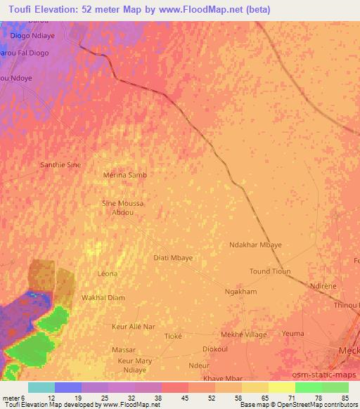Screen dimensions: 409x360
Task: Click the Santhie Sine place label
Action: (59, 164)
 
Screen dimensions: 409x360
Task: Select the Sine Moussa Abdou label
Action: (123, 207)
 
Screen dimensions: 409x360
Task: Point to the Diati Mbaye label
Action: (173, 258)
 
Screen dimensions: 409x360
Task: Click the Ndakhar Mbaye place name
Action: (255, 245)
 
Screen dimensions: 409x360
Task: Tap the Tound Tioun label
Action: (270, 271)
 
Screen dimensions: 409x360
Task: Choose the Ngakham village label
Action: (240, 292)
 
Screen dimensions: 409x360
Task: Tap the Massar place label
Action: (124, 349)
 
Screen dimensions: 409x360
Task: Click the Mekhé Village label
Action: (244, 335)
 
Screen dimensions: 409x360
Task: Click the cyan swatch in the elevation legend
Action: (41, 387)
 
